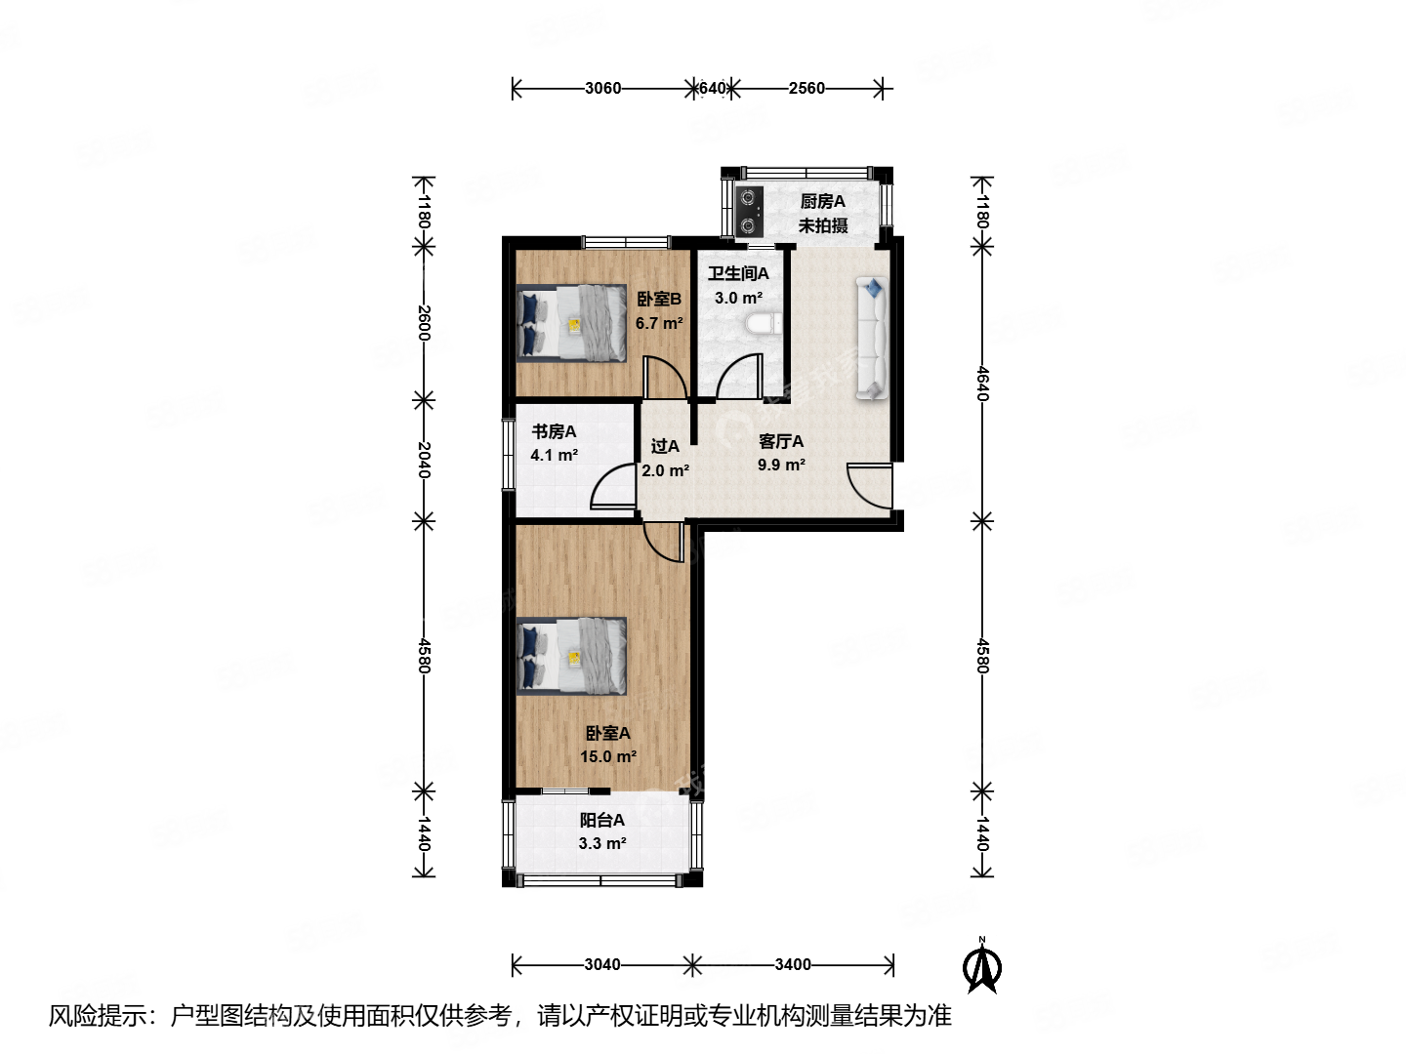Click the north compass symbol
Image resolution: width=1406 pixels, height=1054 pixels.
[982, 966]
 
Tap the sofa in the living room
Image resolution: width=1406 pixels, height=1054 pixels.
[872, 339]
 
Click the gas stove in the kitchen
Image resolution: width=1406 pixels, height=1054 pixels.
[749, 212]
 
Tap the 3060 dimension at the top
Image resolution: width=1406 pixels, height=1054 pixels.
[602, 88]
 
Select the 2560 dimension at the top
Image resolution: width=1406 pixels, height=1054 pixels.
[806, 88]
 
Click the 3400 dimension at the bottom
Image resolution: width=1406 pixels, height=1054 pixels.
[793, 965]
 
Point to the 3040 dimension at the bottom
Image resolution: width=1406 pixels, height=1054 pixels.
[602, 965]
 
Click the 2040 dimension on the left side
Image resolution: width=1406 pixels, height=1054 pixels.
[423, 460]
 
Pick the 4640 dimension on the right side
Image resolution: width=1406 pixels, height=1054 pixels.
[982, 384]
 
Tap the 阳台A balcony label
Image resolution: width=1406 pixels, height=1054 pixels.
[601, 821]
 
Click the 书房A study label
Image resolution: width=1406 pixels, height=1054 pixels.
[554, 431]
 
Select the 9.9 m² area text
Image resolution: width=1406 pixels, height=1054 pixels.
[781, 466]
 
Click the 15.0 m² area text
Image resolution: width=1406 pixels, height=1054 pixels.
[608, 756]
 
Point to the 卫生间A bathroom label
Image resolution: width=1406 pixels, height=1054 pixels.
[738, 274]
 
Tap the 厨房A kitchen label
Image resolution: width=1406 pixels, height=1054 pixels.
[822, 202]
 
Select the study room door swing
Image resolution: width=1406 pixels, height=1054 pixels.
[615, 489]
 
